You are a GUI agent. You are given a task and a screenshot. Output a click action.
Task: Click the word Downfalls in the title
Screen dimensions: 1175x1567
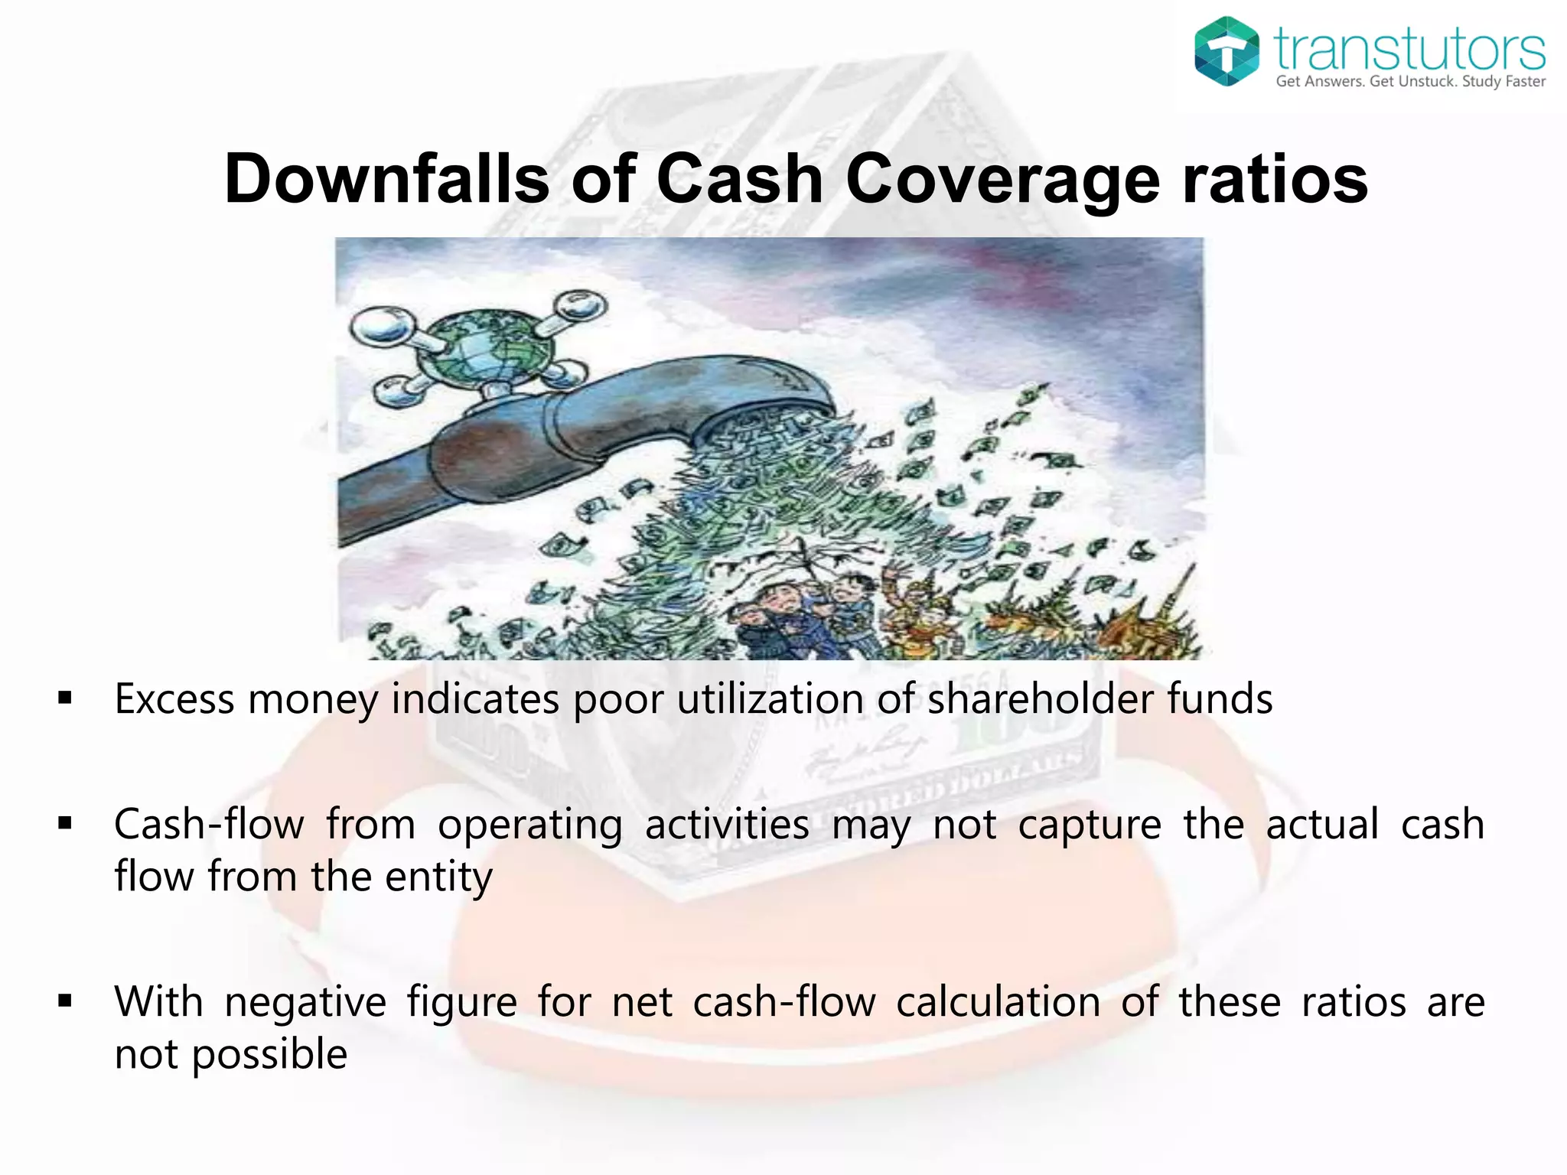pos(386,178)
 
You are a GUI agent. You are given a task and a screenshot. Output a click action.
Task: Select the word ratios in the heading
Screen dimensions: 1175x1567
pos(1275,178)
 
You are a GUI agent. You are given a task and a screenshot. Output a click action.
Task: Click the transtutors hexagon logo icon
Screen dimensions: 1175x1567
pos(1227,51)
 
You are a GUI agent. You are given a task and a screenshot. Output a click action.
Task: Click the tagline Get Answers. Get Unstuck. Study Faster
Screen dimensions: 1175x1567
pos(1410,82)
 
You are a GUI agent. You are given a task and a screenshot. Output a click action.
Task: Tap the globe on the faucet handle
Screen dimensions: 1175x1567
pos(487,345)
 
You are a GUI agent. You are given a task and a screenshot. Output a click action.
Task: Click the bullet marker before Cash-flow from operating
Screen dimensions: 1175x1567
pos(65,824)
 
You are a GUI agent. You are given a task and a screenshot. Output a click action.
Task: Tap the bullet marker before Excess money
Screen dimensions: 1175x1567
pos(65,698)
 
